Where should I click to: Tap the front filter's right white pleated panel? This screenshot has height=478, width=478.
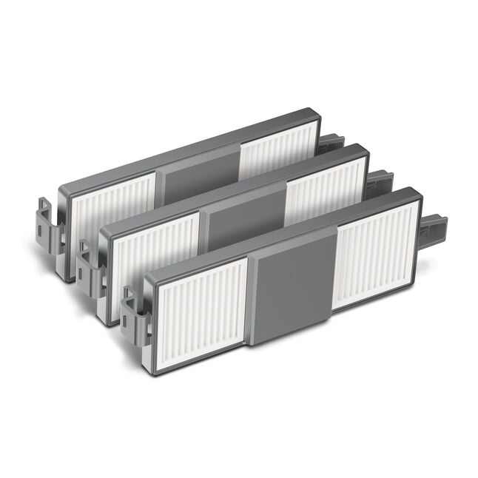pos(374,252)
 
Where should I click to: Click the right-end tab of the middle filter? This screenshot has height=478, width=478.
pos(381,182)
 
